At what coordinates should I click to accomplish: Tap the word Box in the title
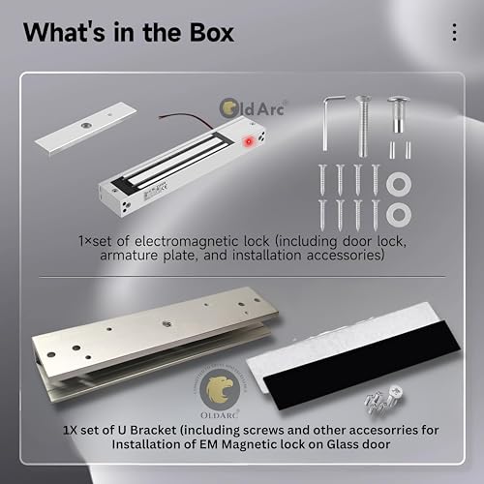pos(207,32)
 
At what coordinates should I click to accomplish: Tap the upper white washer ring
pos(394,181)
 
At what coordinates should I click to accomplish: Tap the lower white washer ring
pos(395,210)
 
